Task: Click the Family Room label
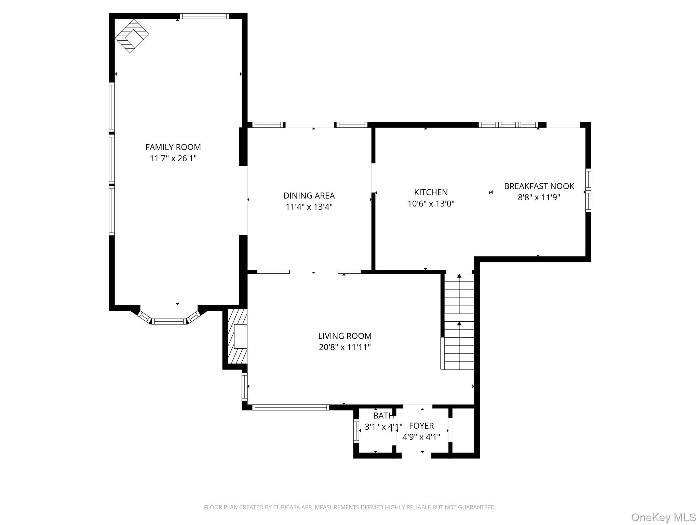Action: click(x=173, y=147)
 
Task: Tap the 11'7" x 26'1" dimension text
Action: click(x=173, y=159)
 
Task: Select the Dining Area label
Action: click(x=309, y=196)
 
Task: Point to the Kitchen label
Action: click(x=431, y=192)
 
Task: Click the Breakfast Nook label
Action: click(x=539, y=186)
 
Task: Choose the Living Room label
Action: click(x=345, y=336)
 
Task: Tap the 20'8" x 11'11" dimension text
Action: click(x=345, y=347)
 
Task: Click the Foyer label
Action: click(x=421, y=426)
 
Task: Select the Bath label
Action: click(x=383, y=416)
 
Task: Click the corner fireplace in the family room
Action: click(x=132, y=36)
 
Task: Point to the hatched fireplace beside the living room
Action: click(x=238, y=337)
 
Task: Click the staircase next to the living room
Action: click(x=459, y=322)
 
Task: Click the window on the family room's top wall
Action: click(x=204, y=16)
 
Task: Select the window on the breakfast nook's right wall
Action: click(x=588, y=190)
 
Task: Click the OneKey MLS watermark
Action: click(x=663, y=517)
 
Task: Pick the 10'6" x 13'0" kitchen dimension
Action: click(x=431, y=204)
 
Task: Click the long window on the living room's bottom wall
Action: click(x=291, y=407)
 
